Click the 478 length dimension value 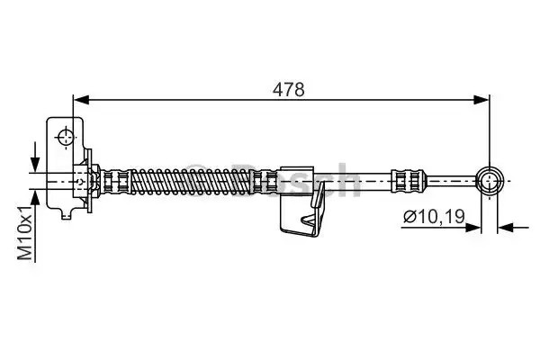click(x=289, y=90)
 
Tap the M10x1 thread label click(x=25, y=233)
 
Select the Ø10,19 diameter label click(x=435, y=217)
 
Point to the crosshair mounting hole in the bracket click(x=65, y=138)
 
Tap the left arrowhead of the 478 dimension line click(x=82, y=100)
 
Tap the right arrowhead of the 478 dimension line click(x=481, y=100)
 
